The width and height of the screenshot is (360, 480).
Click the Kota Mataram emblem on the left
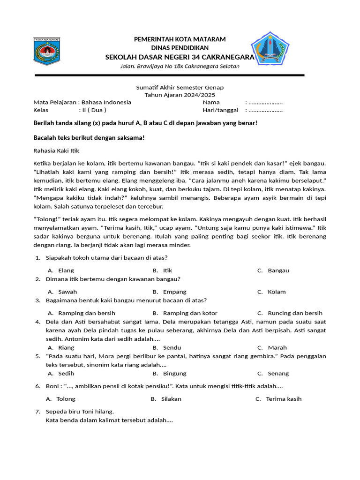[46, 51]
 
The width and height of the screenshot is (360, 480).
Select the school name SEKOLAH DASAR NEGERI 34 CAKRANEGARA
[180, 57]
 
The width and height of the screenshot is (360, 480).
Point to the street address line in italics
[180, 66]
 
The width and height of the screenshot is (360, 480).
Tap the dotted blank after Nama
[265, 102]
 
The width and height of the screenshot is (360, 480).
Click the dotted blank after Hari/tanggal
[265, 111]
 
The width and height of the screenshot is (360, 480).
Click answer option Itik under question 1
[168, 270]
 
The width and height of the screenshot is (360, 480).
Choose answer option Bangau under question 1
[278, 270]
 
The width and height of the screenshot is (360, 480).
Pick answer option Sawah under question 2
[67, 292]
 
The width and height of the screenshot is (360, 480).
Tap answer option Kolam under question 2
[277, 292]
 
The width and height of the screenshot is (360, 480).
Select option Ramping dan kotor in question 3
[190, 313]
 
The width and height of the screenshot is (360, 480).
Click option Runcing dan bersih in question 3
[295, 313]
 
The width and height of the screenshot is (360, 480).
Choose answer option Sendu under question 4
[172, 348]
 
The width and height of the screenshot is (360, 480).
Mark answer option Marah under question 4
[277, 348]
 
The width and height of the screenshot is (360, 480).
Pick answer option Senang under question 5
[278, 374]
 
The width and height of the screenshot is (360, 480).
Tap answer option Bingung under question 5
[174, 374]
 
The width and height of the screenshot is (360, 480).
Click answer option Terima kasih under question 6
[284, 399]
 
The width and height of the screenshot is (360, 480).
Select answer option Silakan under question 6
[171, 399]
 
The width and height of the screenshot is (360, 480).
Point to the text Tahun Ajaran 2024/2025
[180, 95]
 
